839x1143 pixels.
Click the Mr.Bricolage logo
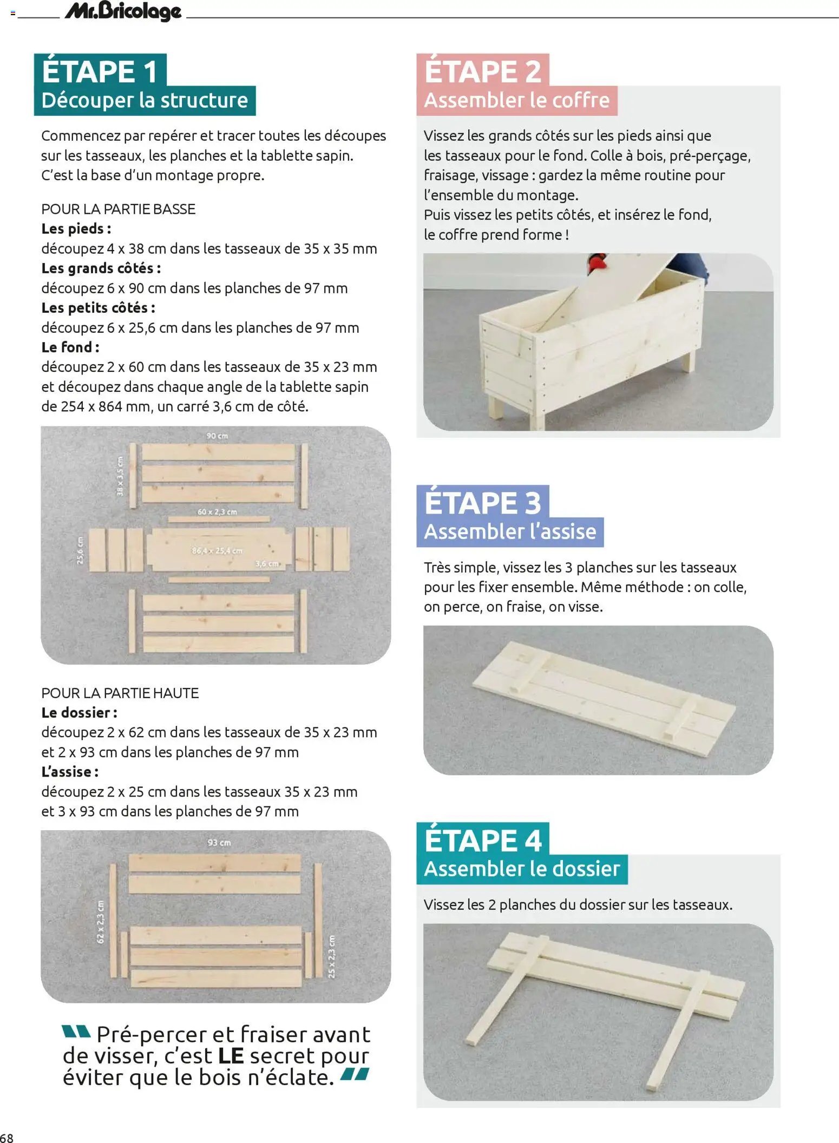click(x=123, y=11)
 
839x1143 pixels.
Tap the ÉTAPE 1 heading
click(x=100, y=71)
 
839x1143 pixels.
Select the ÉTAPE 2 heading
click(x=482, y=71)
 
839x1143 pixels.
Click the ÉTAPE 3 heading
click(x=482, y=502)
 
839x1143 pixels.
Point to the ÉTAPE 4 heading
click(x=482, y=840)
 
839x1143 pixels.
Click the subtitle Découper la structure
click(x=145, y=101)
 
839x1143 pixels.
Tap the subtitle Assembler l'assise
click(x=510, y=532)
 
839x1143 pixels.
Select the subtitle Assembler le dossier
click(x=521, y=869)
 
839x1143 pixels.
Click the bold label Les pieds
click(x=76, y=229)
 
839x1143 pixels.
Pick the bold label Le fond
click(x=70, y=347)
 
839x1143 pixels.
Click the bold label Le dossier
click(x=79, y=713)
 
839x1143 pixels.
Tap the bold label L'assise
click(x=70, y=772)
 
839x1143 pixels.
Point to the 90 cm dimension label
click(x=217, y=436)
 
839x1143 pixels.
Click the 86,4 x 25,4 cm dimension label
click(x=217, y=551)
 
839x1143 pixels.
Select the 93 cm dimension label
click(x=219, y=843)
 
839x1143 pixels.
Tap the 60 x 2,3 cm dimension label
click(x=217, y=512)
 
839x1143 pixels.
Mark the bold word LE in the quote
click(x=231, y=1056)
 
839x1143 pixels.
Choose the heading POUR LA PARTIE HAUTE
click(x=120, y=693)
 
